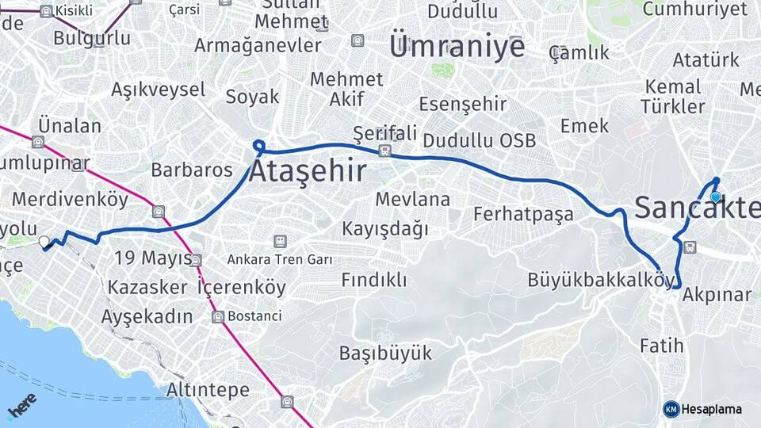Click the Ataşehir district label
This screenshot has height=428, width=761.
[308, 171]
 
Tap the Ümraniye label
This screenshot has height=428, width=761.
[457, 46]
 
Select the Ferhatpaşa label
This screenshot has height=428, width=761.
[523, 213]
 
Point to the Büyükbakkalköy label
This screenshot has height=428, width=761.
[602, 280]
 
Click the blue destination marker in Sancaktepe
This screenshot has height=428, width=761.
[715, 197]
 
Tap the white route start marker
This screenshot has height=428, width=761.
[44, 241]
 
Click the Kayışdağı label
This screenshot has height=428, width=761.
[385, 229]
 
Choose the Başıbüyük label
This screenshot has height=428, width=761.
[385, 353]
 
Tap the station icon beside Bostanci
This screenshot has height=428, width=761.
[217, 317]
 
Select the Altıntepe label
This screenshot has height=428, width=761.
[208, 390]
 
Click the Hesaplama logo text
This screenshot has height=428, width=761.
[712, 409]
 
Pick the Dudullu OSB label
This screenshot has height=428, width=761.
[480, 141]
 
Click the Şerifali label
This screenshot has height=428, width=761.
[385, 132]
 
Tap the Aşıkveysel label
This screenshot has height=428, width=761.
[159, 90]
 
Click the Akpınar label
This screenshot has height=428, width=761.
[717, 295]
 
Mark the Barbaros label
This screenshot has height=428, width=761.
[192, 170]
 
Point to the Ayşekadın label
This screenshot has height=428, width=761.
[147, 316]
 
